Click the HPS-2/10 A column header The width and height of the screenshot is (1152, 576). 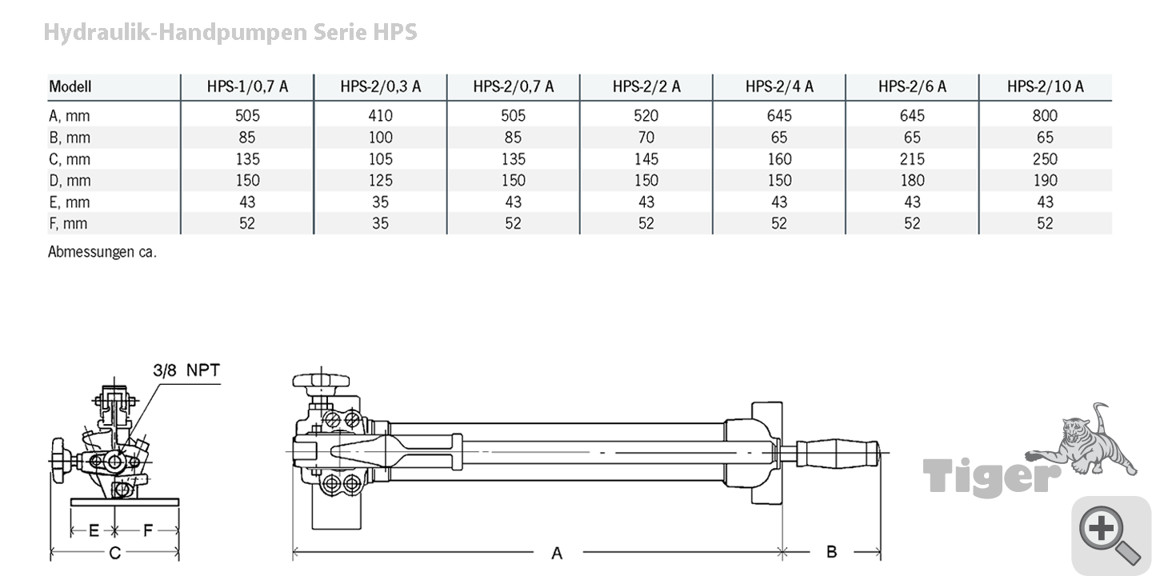[1045, 86]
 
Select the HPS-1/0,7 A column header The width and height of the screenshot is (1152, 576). [247, 86]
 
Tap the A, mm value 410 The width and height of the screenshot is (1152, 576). [381, 115]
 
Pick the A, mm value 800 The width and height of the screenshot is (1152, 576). [1045, 115]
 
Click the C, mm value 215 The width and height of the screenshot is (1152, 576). [912, 159]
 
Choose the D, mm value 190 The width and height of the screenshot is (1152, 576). [1045, 181]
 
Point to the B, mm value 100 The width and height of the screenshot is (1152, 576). [381, 138]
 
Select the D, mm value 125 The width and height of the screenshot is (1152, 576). [381, 181]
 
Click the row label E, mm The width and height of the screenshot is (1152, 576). [70, 202]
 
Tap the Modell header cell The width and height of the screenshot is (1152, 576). [70, 86]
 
